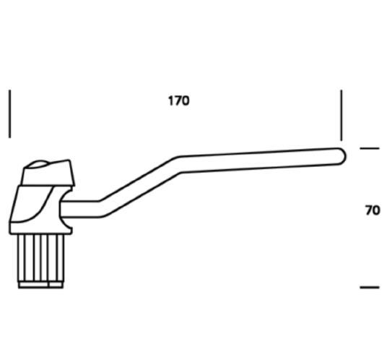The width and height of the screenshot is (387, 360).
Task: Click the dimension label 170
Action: click(x=178, y=100)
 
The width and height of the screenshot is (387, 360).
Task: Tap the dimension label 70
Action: click(x=373, y=210)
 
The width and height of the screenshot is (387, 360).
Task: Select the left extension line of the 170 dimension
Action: click(x=10, y=113)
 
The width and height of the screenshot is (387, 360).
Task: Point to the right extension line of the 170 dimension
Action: click(x=342, y=115)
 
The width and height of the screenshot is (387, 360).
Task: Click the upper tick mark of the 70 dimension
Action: click(x=370, y=148)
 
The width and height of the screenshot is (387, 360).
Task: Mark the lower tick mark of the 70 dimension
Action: click(x=370, y=287)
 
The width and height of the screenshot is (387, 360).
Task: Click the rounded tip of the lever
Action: click(x=343, y=156)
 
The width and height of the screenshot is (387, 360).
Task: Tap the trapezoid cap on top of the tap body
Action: click(x=48, y=173)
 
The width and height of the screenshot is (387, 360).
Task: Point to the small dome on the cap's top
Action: click(x=38, y=164)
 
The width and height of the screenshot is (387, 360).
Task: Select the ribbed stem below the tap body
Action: click(x=41, y=257)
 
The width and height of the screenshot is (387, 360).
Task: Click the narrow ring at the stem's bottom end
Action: click(x=40, y=285)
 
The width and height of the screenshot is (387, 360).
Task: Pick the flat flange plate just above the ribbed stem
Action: click(x=40, y=228)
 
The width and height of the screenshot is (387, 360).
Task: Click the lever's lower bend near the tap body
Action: click(x=100, y=209)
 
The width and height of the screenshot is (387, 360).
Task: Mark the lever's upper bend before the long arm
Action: click(x=179, y=164)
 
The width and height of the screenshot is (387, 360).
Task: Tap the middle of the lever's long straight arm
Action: click(x=259, y=160)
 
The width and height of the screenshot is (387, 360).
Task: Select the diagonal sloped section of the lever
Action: click(x=139, y=187)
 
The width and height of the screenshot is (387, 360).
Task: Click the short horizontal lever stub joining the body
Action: click(x=80, y=209)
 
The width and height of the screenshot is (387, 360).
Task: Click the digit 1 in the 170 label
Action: click(x=171, y=100)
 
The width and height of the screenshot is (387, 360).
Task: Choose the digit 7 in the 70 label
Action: click(x=369, y=210)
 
